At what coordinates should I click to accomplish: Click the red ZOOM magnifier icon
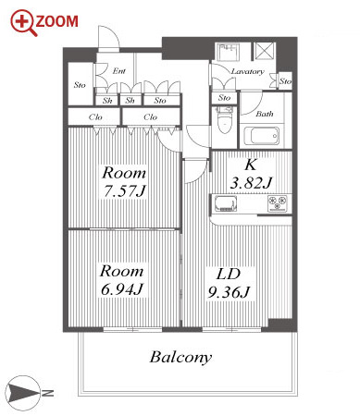pos(23,23)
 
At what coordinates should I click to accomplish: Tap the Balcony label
pos(180,358)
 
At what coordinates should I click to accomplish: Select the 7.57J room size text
pos(124,191)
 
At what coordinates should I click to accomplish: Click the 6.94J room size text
pos(122,289)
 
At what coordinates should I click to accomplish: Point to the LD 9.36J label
pos(229,283)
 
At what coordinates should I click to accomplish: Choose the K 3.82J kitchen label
pos(251,174)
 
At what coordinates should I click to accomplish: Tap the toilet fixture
pos(224,120)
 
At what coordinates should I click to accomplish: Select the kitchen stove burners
pos(278,203)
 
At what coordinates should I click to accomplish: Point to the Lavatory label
pos(248,71)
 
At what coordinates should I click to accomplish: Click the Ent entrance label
pos(119,71)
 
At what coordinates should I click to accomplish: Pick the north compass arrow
pos(23,393)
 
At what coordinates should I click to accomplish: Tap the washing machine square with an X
pos(264,52)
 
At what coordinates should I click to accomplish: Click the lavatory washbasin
pos(229,52)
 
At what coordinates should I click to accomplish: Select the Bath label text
pos(265,114)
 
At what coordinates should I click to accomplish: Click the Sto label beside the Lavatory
pos(285,81)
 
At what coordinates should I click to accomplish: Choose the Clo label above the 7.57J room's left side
pos(95,117)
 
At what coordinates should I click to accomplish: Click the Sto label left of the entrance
pos(80,85)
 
